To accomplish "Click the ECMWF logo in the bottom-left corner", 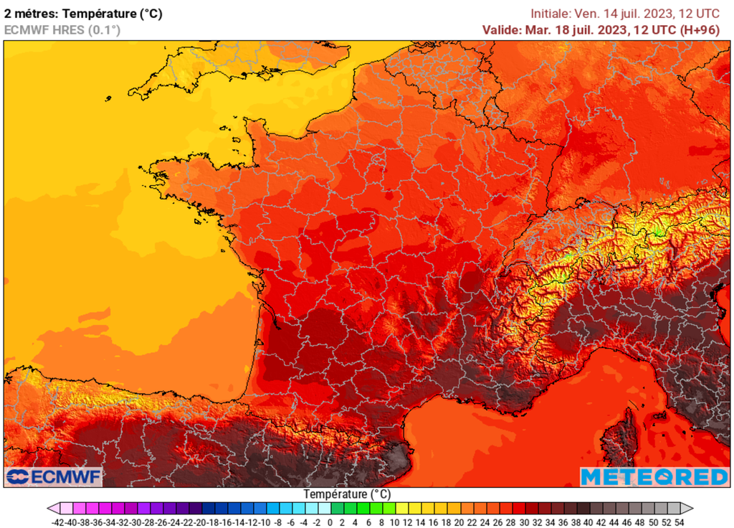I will pos(54,476).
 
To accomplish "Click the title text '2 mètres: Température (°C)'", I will pos(83,13).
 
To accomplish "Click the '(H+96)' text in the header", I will pos(700,29).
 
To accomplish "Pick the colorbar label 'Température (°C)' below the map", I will pos(347,494).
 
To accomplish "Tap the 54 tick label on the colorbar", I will pos(679,522).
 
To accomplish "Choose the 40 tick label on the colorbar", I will pos(588,522).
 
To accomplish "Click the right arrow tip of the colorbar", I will pos(690,508).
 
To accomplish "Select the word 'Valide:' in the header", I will pos(502,29).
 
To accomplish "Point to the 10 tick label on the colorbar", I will pos(394,522).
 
